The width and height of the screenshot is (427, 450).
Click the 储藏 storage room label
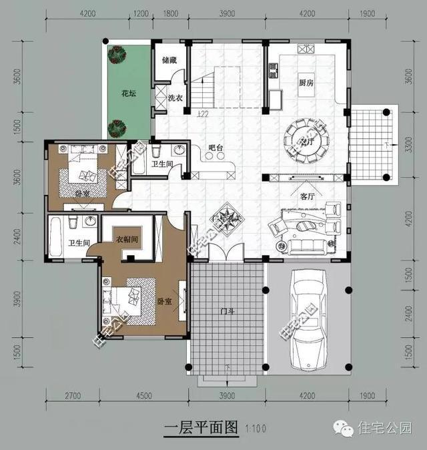pyautogui.click(x=169, y=60)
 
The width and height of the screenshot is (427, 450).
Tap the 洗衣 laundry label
pyautogui.click(x=175, y=98)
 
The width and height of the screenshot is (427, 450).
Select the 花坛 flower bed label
pyautogui.click(x=128, y=93)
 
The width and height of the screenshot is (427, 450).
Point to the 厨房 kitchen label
pyautogui.click(x=307, y=83)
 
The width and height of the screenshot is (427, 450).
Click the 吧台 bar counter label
pyautogui.click(x=215, y=148)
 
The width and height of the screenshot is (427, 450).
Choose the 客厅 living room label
pyautogui.click(x=307, y=197)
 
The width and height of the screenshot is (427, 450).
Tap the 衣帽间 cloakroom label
pyautogui.click(x=127, y=239)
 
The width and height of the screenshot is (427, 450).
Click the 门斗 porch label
pyautogui.click(x=227, y=310)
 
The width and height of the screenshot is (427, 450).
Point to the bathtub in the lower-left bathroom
pyautogui.click(x=56, y=236)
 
